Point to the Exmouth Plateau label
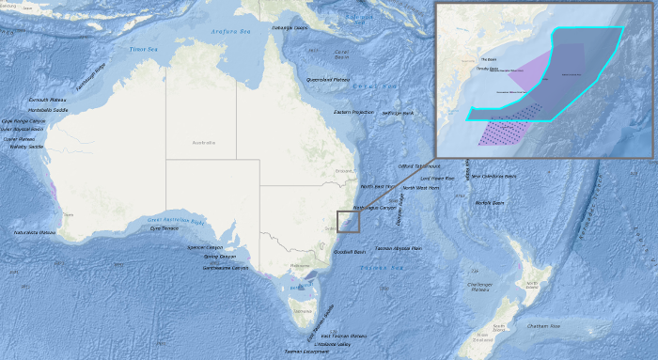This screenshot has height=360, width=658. [x=46, y=99]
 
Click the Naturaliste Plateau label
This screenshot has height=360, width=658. [x=35, y=232]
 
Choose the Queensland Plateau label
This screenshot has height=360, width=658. [x=328, y=80]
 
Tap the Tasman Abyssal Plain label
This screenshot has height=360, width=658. [x=398, y=248]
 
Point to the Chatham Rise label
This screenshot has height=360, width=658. [x=542, y=325]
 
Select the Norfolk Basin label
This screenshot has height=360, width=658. [x=490, y=202]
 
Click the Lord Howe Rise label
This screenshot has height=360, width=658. [x=437, y=178]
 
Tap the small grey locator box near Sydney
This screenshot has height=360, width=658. [x=348, y=221]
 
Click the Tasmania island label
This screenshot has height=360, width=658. [x=302, y=310]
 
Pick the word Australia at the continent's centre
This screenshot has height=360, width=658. [x=203, y=143]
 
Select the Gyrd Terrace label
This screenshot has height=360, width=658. [x=164, y=228]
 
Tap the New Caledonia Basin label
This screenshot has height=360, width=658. [x=494, y=176]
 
